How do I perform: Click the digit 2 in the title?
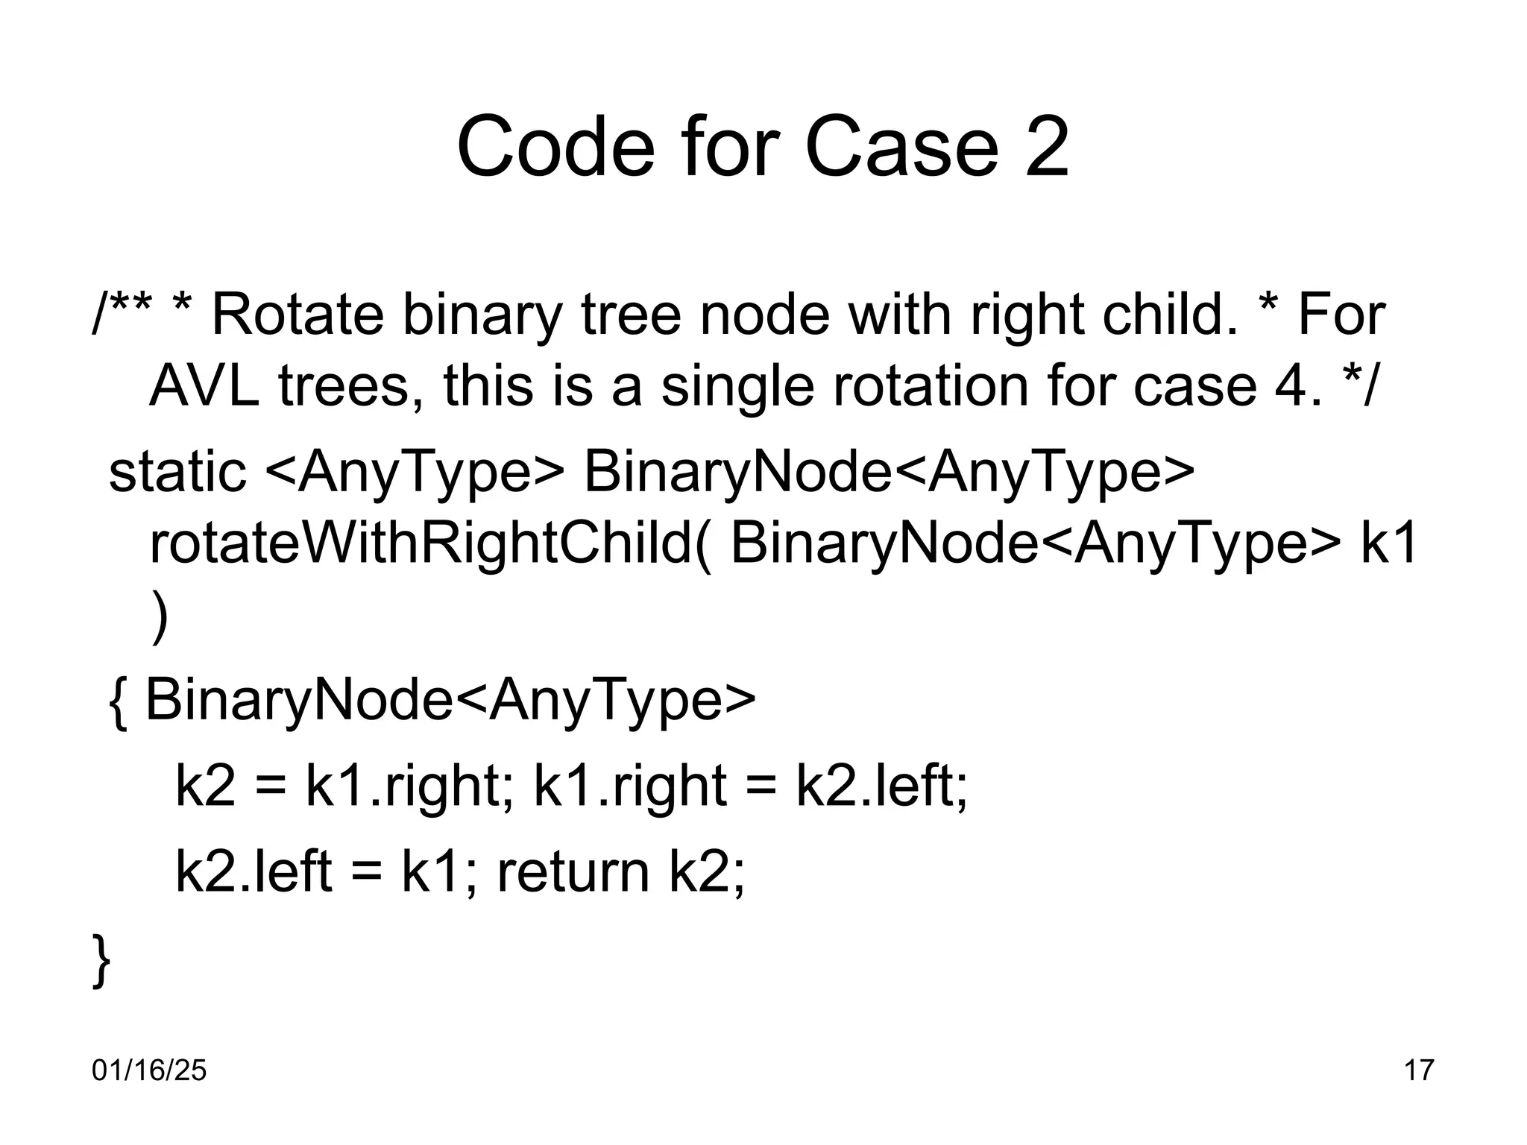tap(1047, 147)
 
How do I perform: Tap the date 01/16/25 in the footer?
tap(149, 1070)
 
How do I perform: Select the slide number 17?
tap(1419, 1070)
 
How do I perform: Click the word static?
tap(177, 471)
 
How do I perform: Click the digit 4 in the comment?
tap(1284, 386)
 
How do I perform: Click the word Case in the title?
tap(901, 147)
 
